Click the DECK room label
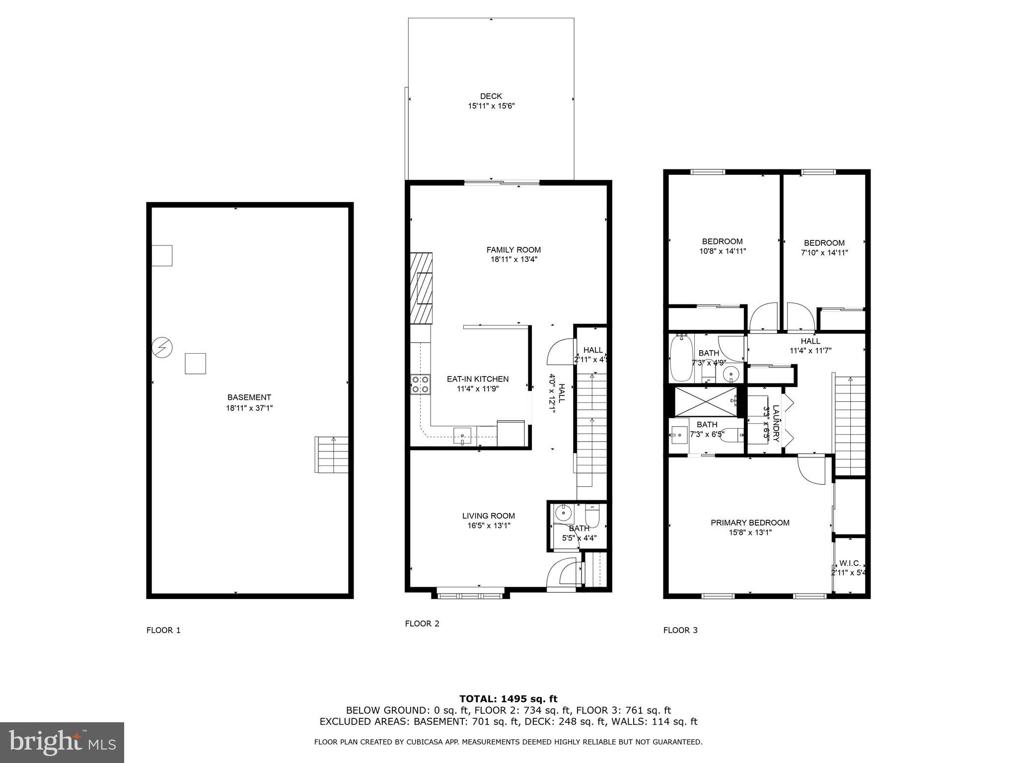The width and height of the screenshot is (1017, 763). click(491, 96)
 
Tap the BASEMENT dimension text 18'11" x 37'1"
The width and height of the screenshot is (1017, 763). click(249, 408)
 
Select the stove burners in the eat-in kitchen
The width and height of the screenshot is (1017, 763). click(420, 384)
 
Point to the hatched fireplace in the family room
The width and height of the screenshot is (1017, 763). click(421, 288)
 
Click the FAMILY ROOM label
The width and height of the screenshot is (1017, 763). click(513, 250)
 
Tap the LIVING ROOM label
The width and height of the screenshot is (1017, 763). click(488, 516)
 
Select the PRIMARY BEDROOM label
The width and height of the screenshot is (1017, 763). click(750, 523)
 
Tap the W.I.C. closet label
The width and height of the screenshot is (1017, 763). click(850, 563)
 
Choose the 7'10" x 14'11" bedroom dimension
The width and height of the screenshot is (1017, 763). click(824, 252)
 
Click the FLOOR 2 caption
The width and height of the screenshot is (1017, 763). click(422, 623)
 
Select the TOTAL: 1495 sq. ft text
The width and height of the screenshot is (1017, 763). click(508, 699)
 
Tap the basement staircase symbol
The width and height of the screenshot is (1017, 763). click(332, 455)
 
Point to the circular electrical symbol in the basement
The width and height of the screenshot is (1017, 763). click(162, 348)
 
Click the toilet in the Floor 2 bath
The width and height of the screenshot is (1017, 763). click(593, 517)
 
